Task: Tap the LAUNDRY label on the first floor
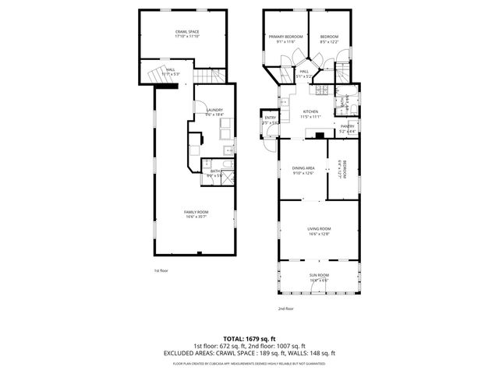pyautogui.click(x=214, y=110)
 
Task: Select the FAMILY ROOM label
pyautogui.click(x=196, y=212)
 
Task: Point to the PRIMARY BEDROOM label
pyautogui.click(x=285, y=37)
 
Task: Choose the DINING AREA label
pyautogui.click(x=303, y=168)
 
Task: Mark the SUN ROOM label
pyautogui.click(x=319, y=276)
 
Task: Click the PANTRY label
pyautogui.click(x=348, y=126)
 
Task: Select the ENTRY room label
pyautogui.click(x=270, y=118)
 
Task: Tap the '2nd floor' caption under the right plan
pyautogui.click(x=285, y=309)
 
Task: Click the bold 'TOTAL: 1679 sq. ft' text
pyautogui.click(x=249, y=339)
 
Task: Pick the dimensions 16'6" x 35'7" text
pyautogui.click(x=196, y=217)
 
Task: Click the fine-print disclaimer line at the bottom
pyautogui.click(x=249, y=363)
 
